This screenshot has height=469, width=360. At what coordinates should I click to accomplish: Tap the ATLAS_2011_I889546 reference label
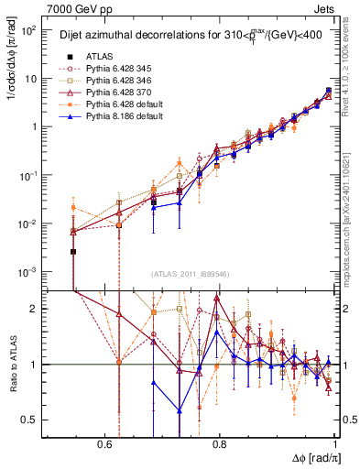pos(191,275)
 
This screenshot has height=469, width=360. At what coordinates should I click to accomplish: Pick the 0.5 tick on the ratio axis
pos(29,420)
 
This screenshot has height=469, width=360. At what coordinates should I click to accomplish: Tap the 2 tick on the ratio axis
pos(35,309)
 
